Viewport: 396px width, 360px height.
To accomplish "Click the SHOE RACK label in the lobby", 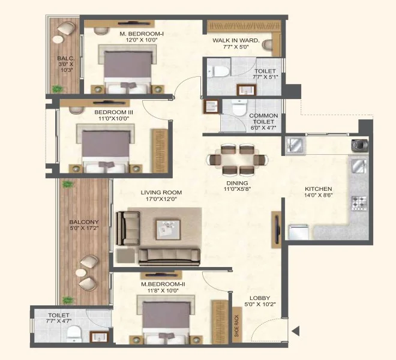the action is [x=236, y=326].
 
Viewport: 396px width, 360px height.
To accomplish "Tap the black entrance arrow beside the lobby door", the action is [x=296, y=331].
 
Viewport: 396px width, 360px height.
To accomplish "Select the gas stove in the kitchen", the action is [x=359, y=203].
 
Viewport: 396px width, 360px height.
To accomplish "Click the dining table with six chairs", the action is [x=238, y=160].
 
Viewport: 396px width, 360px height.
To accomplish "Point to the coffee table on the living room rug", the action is [x=168, y=230].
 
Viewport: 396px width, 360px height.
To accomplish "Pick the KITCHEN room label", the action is [x=318, y=189].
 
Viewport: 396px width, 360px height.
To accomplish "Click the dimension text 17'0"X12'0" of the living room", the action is [x=161, y=199].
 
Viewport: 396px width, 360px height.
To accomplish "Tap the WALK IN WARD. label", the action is [x=236, y=40].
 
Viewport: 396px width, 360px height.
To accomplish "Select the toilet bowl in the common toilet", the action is [x=239, y=107].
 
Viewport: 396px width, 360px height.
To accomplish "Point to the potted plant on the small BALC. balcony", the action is [x=58, y=89].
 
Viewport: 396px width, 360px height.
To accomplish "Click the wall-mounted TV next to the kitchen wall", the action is [x=277, y=229].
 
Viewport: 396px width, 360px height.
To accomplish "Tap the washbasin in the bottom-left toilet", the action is [x=99, y=337].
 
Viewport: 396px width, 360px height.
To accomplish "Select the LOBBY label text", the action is [x=260, y=298].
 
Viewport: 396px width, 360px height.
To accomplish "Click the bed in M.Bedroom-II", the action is [x=166, y=319].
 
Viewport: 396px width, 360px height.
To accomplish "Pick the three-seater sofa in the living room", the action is [x=169, y=257].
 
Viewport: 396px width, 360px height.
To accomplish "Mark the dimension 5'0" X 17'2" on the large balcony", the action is [x=84, y=228].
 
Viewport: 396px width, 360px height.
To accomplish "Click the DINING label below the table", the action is [x=237, y=183].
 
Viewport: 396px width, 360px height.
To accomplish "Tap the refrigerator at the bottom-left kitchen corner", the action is [x=299, y=232].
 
